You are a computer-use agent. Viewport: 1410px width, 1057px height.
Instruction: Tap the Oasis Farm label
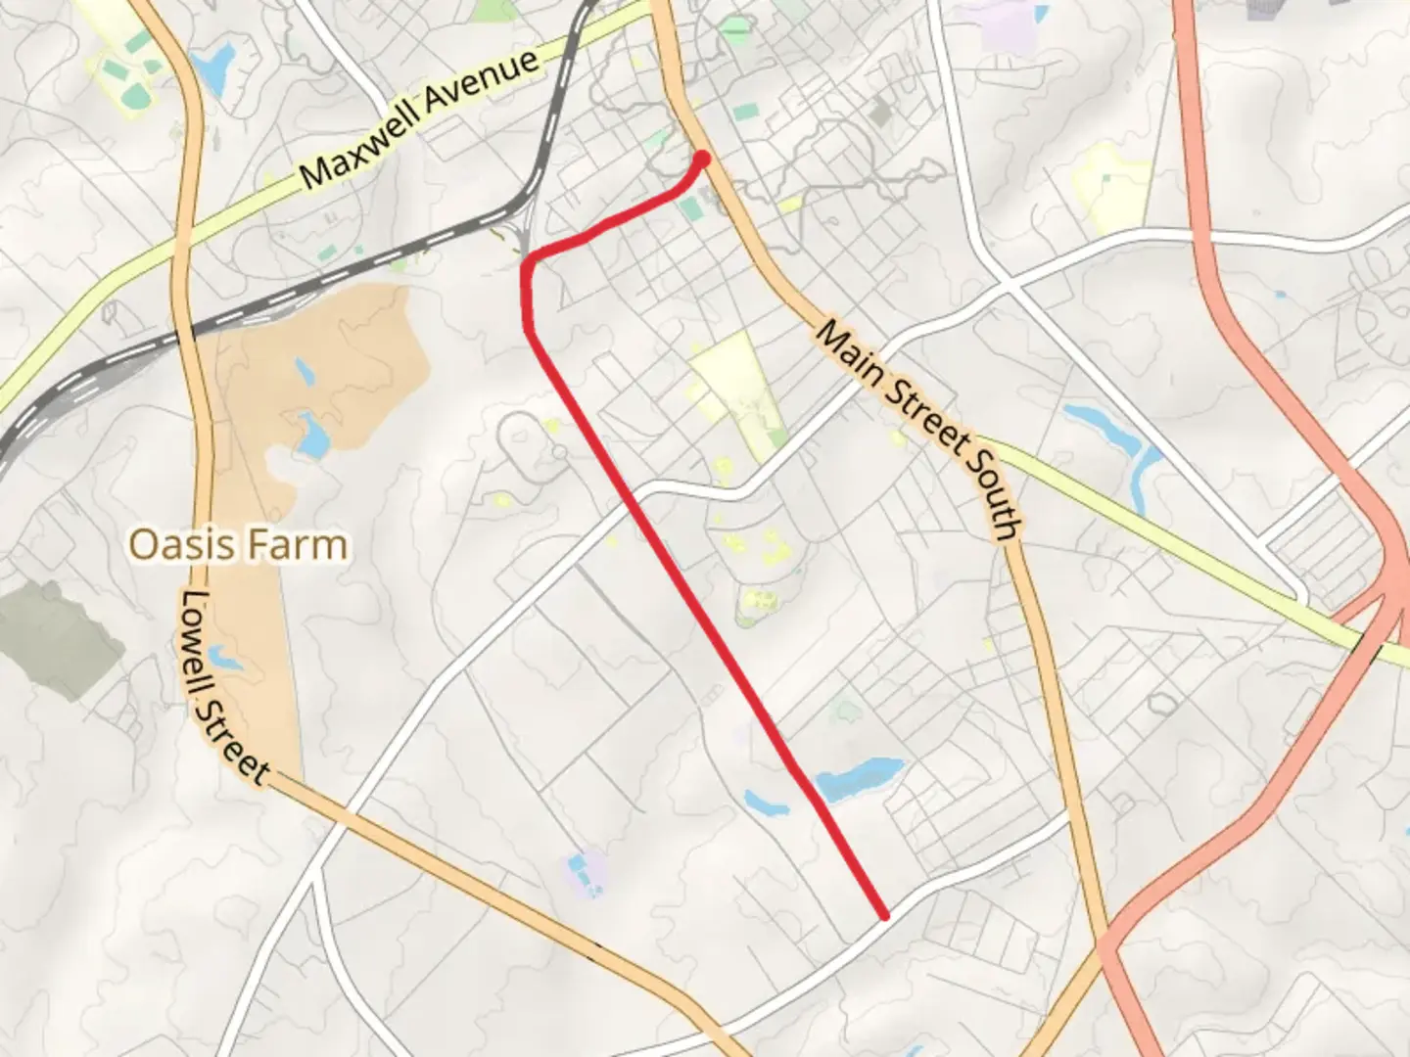coord(238,544)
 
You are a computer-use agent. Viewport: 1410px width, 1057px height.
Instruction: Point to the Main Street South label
coord(919,430)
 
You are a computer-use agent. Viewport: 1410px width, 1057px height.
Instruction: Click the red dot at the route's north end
coord(702,158)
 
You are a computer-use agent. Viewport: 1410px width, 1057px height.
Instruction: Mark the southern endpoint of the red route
coord(884,916)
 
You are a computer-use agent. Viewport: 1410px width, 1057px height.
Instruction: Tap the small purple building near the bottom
coord(584,871)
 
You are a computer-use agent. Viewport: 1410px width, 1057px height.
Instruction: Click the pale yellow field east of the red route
coord(734,387)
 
